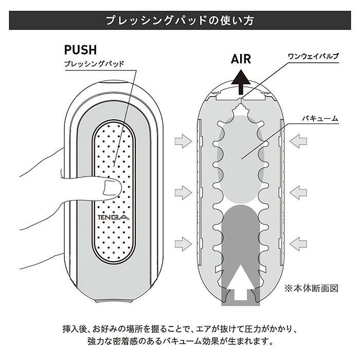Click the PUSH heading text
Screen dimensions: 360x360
click(x=80, y=50)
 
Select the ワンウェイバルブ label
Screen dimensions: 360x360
click(x=313, y=55)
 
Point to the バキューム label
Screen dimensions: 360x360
click(x=320, y=118)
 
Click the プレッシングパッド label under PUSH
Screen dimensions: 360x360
click(x=94, y=65)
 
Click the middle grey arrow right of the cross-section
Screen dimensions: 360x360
click(x=298, y=193)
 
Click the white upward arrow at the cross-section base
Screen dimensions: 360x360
click(x=240, y=285)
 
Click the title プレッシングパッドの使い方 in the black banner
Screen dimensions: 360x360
click(x=179, y=21)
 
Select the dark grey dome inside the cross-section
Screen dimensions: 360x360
click(x=240, y=226)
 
